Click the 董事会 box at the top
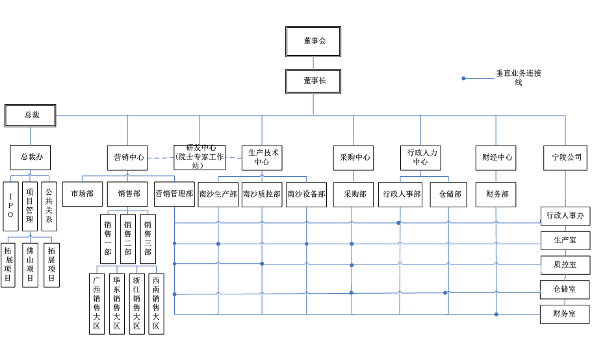click(313, 42)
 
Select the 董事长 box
click(313, 81)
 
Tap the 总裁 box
click(31, 115)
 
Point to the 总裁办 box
click(31, 157)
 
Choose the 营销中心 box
click(127, 157)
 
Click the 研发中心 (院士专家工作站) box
click(199, 157)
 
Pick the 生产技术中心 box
click(262, 157)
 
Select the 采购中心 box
click(354, 157)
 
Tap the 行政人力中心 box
click(420, 157)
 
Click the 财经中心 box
click(496, 157)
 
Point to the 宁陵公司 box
click(565, 157)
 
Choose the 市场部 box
click(83, 194)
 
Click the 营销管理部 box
click(174, 194)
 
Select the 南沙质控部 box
click(262, 194)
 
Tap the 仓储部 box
click(448, 194)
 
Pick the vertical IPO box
click(10, 206)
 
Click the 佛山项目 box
click(30, 265)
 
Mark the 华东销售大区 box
click(117, 303)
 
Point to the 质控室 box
click(565, 265)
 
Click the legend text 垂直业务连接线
click(518, 77)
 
